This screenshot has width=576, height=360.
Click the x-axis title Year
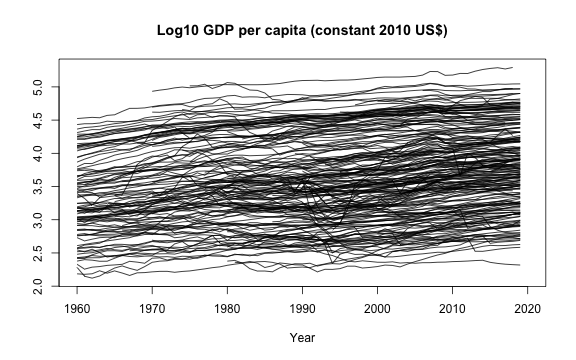(303, 338)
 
